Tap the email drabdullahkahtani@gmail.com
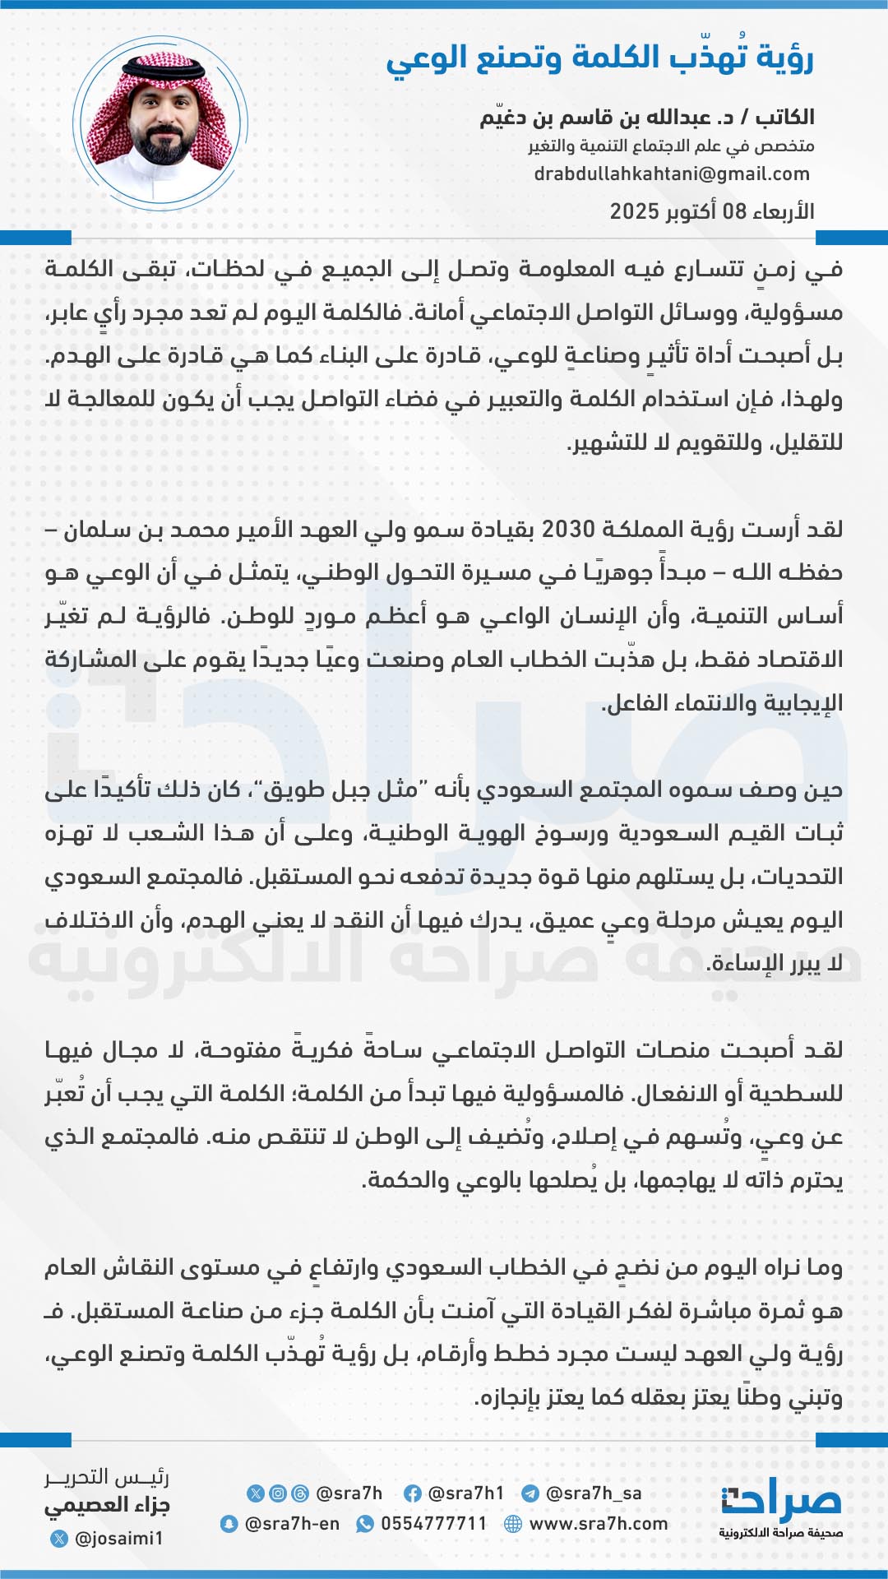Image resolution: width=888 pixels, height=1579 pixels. point(672,174)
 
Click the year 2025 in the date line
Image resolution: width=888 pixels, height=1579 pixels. point(634,211)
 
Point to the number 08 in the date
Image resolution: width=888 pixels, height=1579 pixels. point(734,211)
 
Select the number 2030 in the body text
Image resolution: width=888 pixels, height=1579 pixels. point(568,530)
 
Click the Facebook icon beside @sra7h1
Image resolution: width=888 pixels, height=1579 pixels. point(413,1493)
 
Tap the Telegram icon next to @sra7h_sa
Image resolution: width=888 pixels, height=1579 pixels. point(530,1493)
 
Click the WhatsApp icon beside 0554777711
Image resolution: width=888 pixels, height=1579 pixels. point(364,1524)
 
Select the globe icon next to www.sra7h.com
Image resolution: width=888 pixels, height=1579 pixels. point(513,1524)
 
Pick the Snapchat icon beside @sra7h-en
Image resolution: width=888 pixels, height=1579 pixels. point(229,1524)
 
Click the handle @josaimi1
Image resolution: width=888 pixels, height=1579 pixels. point(119,1538)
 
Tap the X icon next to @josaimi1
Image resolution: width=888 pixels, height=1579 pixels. point(58,1538)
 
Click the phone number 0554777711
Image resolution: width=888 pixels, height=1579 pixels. point(434,1524)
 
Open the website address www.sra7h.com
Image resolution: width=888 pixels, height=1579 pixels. point(599,1524)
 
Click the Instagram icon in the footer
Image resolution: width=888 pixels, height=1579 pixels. point(278,1493)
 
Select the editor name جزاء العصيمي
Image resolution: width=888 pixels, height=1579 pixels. point(107,1507)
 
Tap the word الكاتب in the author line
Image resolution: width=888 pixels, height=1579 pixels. point(785,118)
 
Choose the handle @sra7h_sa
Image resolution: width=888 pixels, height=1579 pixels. point(594,1493)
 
